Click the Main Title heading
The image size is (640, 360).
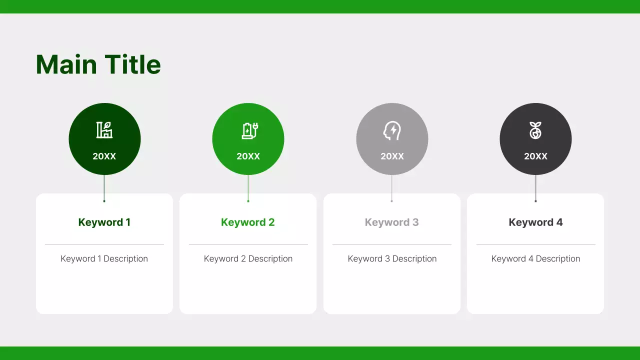(x=98, y=65)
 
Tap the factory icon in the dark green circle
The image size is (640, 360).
(x=104, y=130)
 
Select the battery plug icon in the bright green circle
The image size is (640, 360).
(x=249, y=130)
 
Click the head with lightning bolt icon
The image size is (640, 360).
(x=392, y=130)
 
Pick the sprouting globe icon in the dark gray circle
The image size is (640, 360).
(x=535, y=130)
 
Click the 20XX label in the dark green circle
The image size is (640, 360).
(x=104, y=156)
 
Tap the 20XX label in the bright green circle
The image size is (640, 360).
(x=248, y=156)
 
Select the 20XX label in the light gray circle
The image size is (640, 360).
(x=392, y=156)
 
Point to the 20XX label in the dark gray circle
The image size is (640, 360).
(x=535, y=156)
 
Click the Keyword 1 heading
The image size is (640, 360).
(x=104, y=222)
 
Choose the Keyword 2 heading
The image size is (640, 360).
(x=248, y=222)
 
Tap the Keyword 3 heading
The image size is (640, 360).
(x=392, y=222)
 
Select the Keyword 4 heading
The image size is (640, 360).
(x=535, y=222)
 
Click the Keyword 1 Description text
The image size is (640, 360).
(x=104, y=258)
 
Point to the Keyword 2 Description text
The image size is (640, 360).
(x=248, y=258)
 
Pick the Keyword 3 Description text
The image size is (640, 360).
(x=392, y=258)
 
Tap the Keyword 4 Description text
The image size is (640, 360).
(x=535, y=258)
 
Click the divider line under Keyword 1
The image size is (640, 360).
(x=104, y=244)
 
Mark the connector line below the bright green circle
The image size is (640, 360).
(x=248, y=187)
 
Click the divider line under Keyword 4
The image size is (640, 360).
(x=535, y=244)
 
